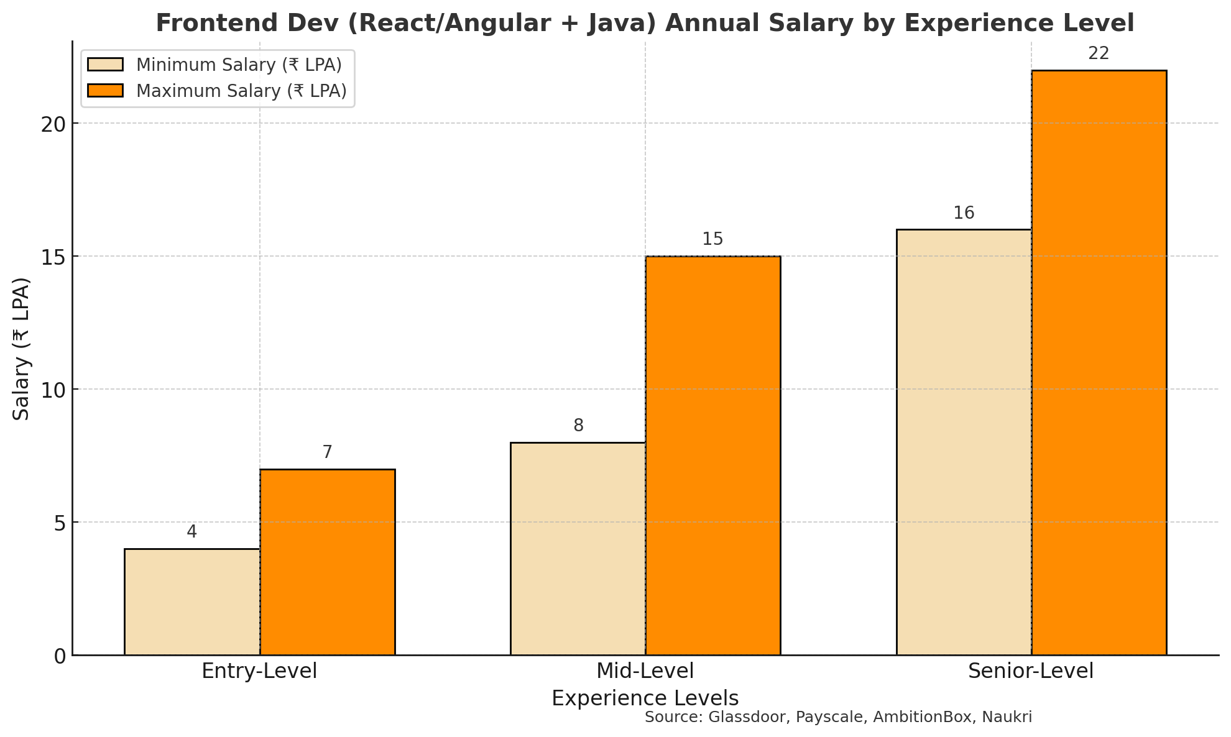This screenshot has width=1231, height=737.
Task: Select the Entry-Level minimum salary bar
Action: tap(192, 602)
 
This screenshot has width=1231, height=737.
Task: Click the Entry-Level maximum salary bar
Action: tap(328, 562)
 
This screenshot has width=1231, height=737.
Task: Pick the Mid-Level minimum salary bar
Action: tap(578, 549)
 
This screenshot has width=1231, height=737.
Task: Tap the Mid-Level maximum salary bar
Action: tap(713, 455)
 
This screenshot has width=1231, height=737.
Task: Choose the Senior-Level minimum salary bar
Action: tap(964, 442)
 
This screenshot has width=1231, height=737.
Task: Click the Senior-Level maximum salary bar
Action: tap(1099, 362)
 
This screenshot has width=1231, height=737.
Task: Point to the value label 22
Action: tap(1099, 54)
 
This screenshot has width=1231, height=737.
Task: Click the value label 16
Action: tap(964, 214)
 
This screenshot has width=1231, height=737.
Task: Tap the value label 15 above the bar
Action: tap(712, 240)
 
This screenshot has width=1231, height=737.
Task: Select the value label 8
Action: tap(578, 426)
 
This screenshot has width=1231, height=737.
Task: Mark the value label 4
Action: tap(192, 533)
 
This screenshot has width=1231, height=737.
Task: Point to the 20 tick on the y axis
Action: tap(53, 124)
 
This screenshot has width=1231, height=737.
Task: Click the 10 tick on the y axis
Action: tap(53, 390)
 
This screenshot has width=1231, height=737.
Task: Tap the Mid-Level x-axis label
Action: tap(645, 672)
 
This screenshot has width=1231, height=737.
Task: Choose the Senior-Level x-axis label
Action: tap(1031, 672)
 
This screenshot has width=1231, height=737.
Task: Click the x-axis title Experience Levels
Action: tap(645, 699)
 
